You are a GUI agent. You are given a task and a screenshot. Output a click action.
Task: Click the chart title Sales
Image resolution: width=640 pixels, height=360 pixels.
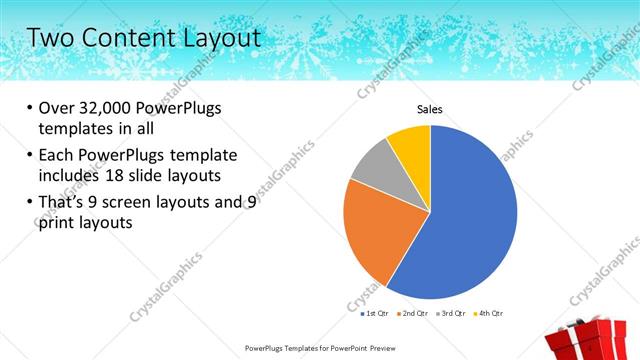430,109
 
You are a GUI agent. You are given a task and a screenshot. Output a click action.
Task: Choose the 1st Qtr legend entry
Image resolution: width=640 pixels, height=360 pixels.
375,314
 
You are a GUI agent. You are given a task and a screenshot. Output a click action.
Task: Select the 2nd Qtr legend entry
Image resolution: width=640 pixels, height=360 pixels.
412,314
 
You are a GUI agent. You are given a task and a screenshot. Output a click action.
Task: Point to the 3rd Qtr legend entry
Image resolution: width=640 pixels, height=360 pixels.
451,314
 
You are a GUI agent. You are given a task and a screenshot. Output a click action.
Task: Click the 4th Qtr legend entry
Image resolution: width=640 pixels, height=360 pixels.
488,314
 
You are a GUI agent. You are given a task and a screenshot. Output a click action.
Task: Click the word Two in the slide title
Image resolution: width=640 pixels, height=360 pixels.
49,38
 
